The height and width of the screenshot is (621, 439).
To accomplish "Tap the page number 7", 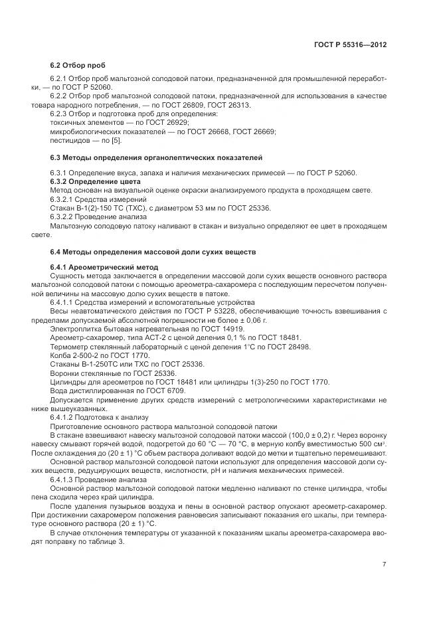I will point(385,565).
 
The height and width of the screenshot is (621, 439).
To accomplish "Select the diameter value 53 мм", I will point(190,208).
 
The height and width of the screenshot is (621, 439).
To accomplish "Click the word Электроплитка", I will point(72,329).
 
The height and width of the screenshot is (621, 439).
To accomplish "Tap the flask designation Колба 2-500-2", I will point(74,355).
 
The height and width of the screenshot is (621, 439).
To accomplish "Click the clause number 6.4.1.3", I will point(66,478).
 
